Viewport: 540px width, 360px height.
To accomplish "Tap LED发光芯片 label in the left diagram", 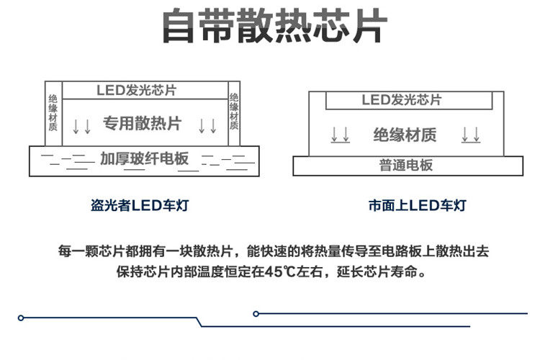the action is point(136,91).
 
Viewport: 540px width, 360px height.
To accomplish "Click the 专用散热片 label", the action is point(141,123).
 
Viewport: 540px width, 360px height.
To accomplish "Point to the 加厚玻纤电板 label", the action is point(145,158).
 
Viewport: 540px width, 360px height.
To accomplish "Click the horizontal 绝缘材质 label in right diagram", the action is point(405,135).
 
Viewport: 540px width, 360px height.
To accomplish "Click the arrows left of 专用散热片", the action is point(82,126).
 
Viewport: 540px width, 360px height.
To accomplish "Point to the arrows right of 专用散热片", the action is point(207,126).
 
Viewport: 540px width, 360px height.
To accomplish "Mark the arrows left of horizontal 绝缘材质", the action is point(341,135).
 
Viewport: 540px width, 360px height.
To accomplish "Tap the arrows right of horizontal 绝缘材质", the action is point(471,135).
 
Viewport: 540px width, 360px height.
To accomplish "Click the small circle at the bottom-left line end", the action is point(22,318).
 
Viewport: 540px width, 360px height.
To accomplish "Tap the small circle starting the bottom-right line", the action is point(256,313).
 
